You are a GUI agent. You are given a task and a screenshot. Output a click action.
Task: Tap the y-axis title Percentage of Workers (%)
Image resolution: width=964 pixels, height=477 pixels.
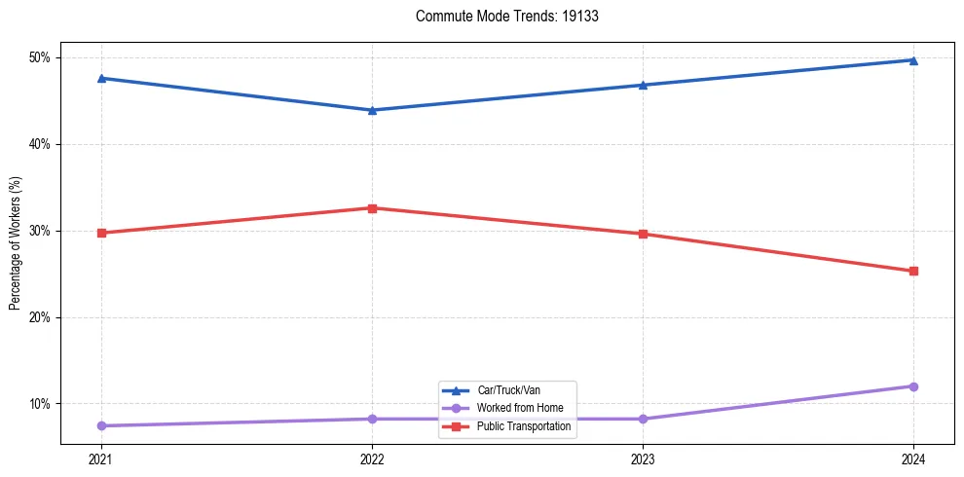pos(15,243)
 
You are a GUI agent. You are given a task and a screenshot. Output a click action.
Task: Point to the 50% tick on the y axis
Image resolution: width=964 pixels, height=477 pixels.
pos(40,57)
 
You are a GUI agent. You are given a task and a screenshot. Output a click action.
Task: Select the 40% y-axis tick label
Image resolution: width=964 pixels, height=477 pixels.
pos(40,144)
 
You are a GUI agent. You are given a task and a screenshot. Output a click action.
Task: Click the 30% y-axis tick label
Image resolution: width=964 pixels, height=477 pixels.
pos(40,231)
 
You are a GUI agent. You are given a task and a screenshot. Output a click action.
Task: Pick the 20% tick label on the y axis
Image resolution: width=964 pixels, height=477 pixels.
pos(40,317)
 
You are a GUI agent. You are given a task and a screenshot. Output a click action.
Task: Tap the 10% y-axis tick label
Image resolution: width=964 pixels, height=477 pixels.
pos(40,404)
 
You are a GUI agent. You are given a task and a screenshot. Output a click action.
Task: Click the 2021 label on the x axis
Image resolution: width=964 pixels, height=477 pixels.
pos(101,459)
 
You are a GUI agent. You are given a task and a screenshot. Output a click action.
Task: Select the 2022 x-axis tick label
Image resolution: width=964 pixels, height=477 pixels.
pos(372,459)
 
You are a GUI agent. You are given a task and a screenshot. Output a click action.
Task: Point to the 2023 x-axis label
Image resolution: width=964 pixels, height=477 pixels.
pos(643,459)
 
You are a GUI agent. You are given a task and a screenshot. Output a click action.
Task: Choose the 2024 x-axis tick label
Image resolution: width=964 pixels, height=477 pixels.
pos(913,459)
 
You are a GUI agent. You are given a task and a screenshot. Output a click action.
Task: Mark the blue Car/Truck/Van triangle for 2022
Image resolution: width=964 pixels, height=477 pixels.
pos(372,110)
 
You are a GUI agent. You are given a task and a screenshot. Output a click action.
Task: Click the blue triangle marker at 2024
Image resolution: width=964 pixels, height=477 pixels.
pos(913,60)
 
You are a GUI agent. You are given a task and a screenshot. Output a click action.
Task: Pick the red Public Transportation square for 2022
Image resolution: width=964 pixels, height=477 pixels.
pos(372,208)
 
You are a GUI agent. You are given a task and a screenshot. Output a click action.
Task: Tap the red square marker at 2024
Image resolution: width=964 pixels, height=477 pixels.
pos(913,271)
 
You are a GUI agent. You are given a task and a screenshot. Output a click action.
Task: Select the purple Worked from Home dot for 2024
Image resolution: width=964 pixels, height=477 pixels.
pos(913,386)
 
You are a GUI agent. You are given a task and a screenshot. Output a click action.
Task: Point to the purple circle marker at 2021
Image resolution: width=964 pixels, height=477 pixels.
pos(101,425)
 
